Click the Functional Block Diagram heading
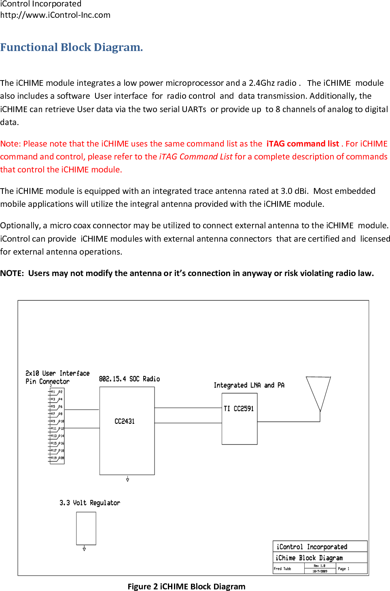72,47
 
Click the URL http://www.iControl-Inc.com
55,15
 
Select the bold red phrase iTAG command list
302,144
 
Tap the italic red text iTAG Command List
196,157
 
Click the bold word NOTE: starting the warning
12,273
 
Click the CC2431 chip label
125,421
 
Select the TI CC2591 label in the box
239,409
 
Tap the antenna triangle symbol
318,391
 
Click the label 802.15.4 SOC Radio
129,379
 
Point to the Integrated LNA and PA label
249,385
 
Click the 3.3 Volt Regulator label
90,503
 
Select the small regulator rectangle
86,528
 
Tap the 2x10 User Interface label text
57,373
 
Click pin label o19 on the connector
53,458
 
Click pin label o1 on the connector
53,392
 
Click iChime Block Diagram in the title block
309,558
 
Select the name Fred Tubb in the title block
282,569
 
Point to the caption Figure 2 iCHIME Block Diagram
187,587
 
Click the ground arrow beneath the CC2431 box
127,479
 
